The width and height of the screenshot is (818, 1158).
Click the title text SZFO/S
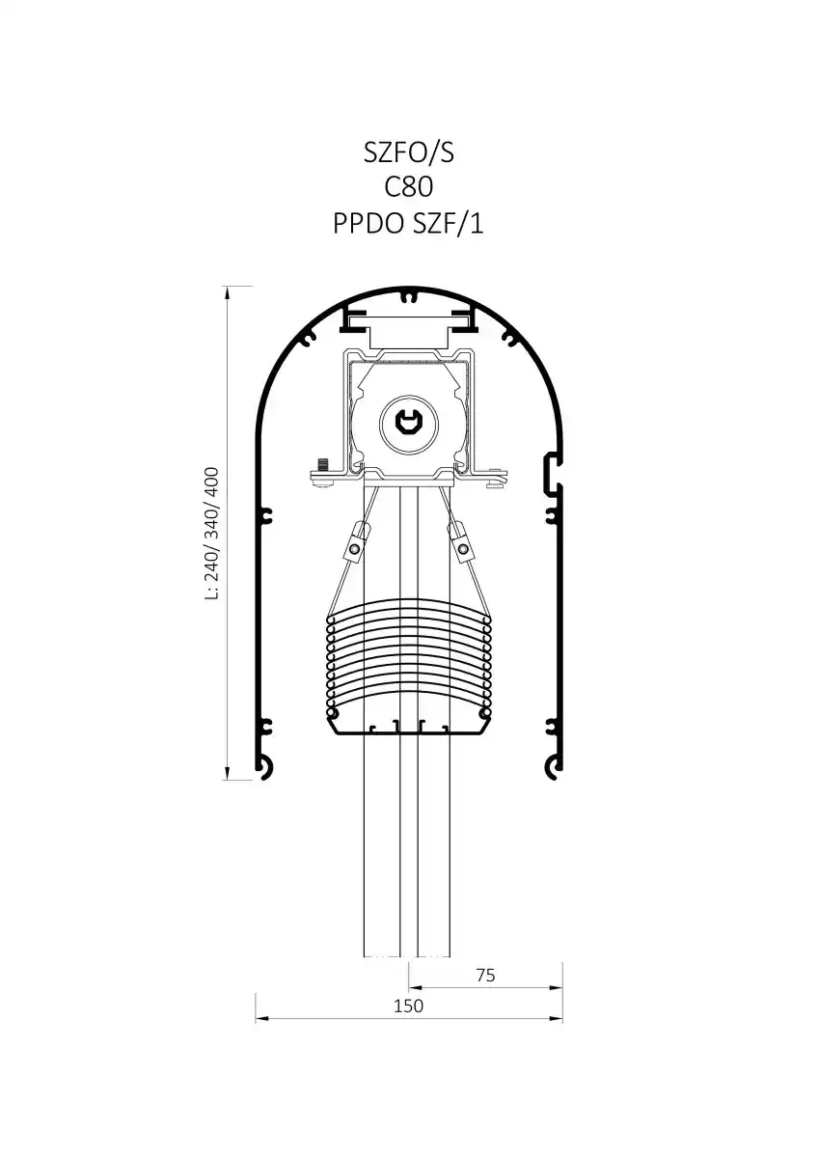[x=408, y=153]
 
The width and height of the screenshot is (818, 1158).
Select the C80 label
[x=408, y=187]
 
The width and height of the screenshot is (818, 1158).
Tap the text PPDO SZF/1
[x=408, y=223]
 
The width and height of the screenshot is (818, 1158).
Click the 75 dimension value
[x=485, y=975]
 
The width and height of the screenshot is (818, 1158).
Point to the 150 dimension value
[x=408, y=1006]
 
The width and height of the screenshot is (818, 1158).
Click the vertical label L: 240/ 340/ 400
[x=212, y=534]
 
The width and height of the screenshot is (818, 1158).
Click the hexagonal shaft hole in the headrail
[x=408, y=424]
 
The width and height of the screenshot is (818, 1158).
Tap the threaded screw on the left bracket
[x=324, y=464]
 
